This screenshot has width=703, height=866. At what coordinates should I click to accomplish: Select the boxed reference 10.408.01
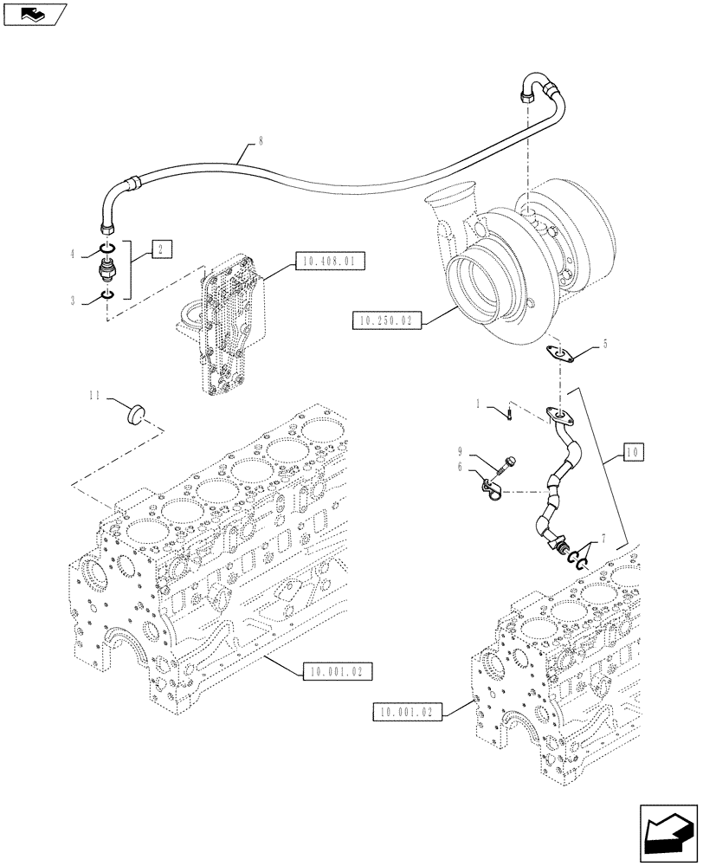coord(331,259)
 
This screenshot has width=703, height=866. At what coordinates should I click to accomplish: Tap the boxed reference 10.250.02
coord(386,321)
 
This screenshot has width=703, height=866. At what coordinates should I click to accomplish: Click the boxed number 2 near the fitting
coord(161,249)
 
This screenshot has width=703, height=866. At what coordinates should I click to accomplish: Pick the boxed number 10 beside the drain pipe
coord(632,451)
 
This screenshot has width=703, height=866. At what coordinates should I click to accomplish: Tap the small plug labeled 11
coord(134,414)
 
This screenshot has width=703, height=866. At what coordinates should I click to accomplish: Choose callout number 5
coord(605,344)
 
